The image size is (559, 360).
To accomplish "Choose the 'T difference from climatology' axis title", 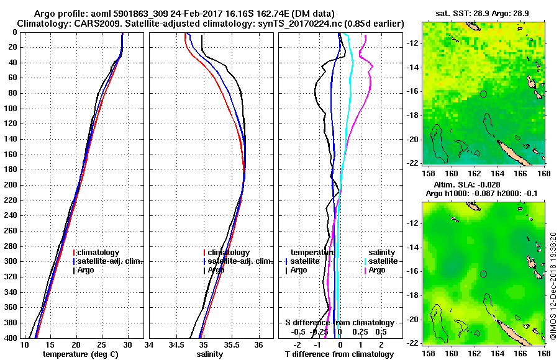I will click(x=339, y=354).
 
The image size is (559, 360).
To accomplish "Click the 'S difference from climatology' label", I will click(x=339, y=323).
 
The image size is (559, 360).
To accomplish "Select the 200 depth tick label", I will click(x=12, y=185).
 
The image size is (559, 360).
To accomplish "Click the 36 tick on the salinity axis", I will click(x=259, y=344).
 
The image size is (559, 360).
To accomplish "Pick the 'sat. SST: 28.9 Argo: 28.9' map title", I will click(x=483, y=13).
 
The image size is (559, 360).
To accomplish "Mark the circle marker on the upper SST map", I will click(x=483, y=94).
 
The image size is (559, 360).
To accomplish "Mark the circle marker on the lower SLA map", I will click(x=483, y=274).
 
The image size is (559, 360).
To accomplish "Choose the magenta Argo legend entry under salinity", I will click(x=376, y=270).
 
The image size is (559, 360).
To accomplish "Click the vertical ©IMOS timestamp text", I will click(x=553, y=282).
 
